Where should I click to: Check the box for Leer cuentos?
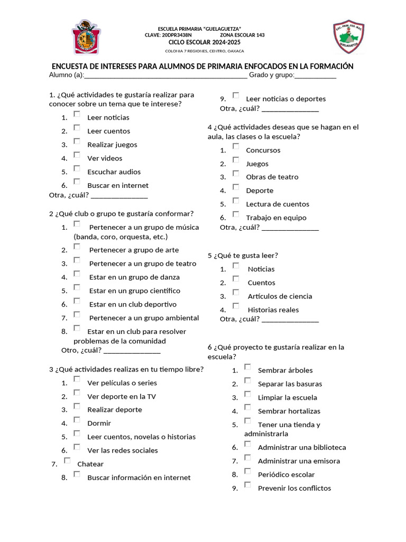77,128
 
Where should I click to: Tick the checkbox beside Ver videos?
77,155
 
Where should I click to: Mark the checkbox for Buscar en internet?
77,182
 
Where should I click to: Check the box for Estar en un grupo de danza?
77,274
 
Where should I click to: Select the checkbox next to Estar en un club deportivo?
77,301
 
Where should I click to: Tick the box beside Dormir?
77,420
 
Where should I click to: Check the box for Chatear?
67,460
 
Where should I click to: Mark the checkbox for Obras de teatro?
236,174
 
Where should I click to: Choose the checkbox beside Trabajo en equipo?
236,214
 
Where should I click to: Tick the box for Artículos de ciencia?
236,293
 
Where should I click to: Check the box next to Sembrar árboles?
247,367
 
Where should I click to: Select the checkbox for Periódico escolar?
247,471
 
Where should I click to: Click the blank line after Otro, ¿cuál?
132,350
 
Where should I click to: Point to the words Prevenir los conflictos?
294,488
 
